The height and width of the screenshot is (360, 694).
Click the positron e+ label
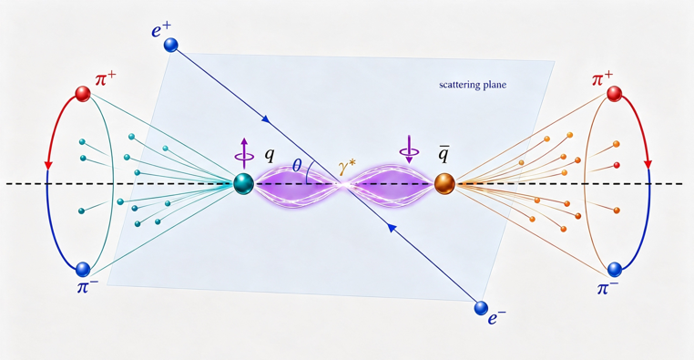coord(161,31)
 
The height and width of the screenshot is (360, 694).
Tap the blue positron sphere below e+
coord(170,45)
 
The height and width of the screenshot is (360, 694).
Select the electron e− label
coord(496,317)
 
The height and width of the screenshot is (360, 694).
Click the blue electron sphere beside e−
coord(481,308)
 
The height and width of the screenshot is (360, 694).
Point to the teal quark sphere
coord(244,183)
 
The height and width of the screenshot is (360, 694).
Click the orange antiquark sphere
coord(444,183)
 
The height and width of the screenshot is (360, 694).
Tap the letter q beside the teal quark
coord(270,155)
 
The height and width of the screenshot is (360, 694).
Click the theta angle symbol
coord(297,166)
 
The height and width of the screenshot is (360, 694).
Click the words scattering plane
coord(473,85)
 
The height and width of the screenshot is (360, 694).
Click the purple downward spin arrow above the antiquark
coord(409,149)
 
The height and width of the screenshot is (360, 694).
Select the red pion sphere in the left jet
coord(83,94)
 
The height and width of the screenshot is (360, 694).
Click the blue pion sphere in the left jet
coord(83,269)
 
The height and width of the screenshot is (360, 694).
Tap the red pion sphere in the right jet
coord(614,94)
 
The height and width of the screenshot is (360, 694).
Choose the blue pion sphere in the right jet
coord(615,269)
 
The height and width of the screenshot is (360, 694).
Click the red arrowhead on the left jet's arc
coord(48,165)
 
